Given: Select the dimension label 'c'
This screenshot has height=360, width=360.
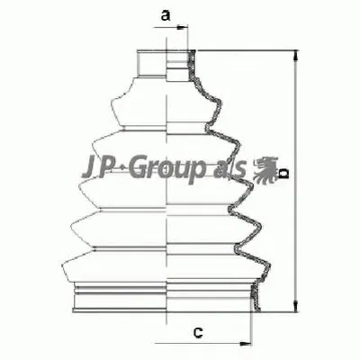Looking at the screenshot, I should click(x=195, y=335).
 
